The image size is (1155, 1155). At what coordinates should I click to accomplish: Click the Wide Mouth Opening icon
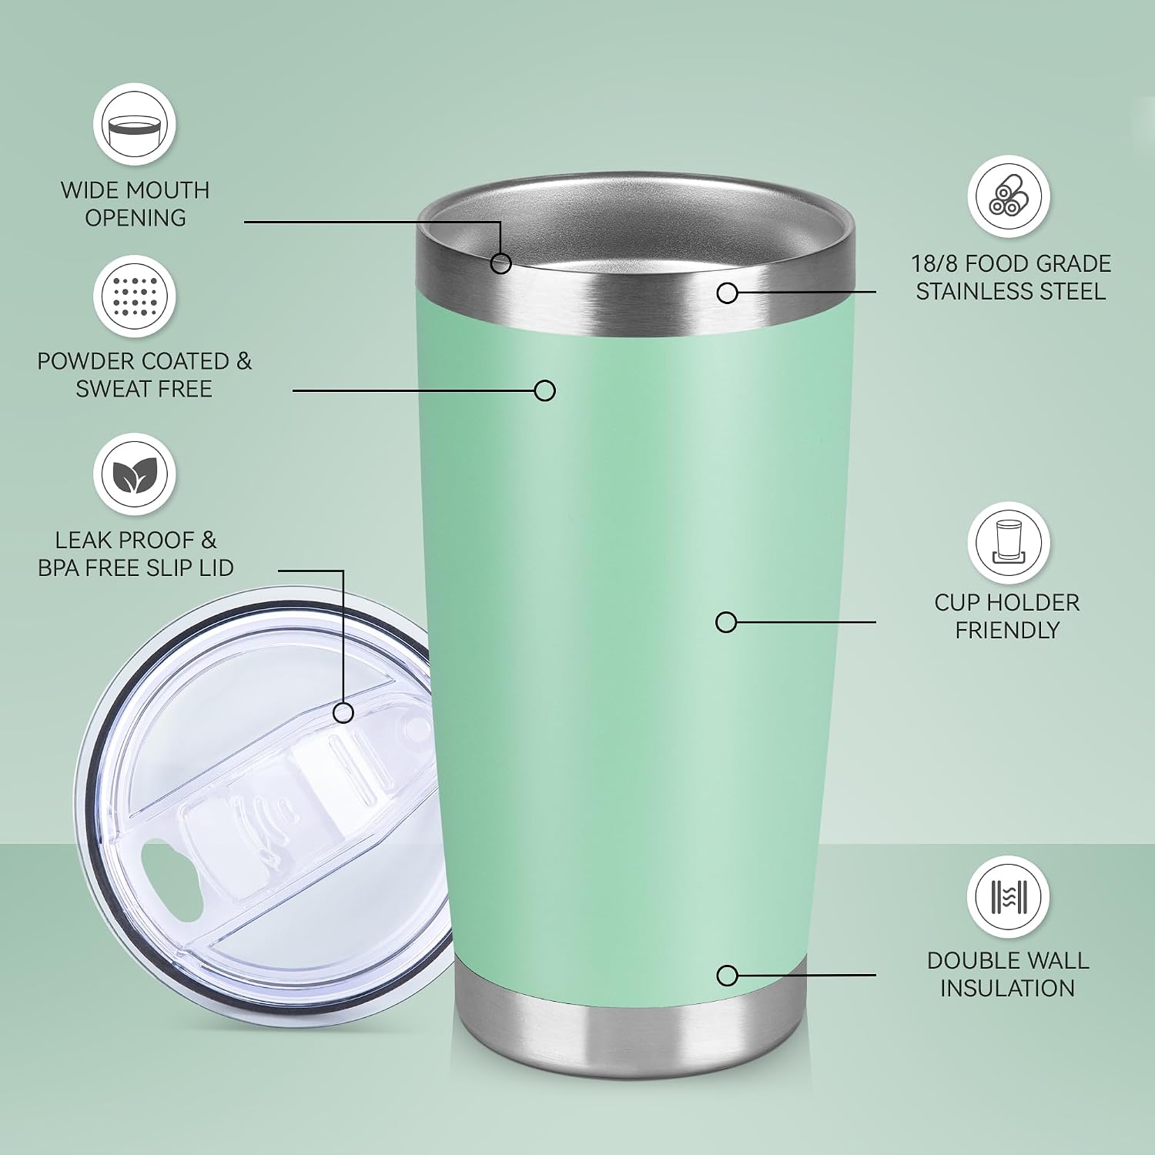click(x=135, y=124)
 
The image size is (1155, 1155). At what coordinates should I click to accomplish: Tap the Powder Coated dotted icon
click(x=135, y=296)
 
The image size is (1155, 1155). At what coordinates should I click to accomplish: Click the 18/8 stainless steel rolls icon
click(x=1009, y=196)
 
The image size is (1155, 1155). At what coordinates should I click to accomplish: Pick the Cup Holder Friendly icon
click(x=1009, y=543)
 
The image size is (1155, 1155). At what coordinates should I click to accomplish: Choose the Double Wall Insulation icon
click(x=1009, y=897)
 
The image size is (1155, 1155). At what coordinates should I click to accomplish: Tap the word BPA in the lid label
click(x=59, y=567)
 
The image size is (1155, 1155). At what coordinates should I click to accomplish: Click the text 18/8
click(x=935, y=264)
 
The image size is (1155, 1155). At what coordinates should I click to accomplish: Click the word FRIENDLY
click(x=1007, y=631)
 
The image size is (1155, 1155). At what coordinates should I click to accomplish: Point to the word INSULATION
click(x=1007, y=988)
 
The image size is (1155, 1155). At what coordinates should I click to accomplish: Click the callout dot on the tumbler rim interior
click(x=500, y=263)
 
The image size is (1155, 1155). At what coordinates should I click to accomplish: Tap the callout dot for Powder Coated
click(x=544, y=390)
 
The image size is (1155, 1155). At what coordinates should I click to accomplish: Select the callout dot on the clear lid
click(x=343, y=712)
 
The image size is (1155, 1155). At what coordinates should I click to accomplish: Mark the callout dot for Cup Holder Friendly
click(x=726, y=622)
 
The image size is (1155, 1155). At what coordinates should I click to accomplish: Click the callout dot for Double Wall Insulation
click(x=727, y=976)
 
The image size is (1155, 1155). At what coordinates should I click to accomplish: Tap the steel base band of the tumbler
click(x=630, y=1024)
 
